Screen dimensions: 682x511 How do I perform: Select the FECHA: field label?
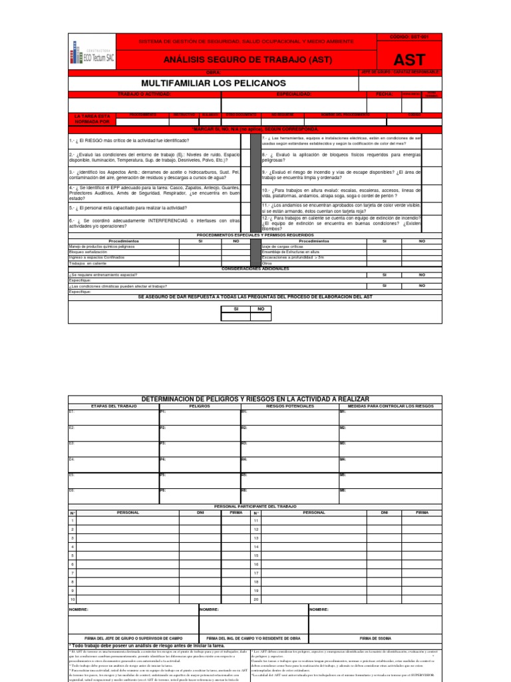click(x=385, y=95)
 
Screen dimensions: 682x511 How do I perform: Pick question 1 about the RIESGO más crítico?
click(x=129, y=141)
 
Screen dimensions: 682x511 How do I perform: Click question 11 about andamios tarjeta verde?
click(x=341, y=208)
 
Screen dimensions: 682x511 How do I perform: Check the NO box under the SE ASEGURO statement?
click(x=261, y=309)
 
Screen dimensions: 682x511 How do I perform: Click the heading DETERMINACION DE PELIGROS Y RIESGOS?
click(x=254, y=398)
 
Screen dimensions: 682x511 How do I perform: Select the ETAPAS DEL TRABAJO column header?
click(x=113, y=405)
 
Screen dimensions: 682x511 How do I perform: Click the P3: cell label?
click(x=162, y=443)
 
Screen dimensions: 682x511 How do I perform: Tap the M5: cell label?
click(x=343, y=475)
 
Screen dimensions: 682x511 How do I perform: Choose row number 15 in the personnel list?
click(x=255, y=555)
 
